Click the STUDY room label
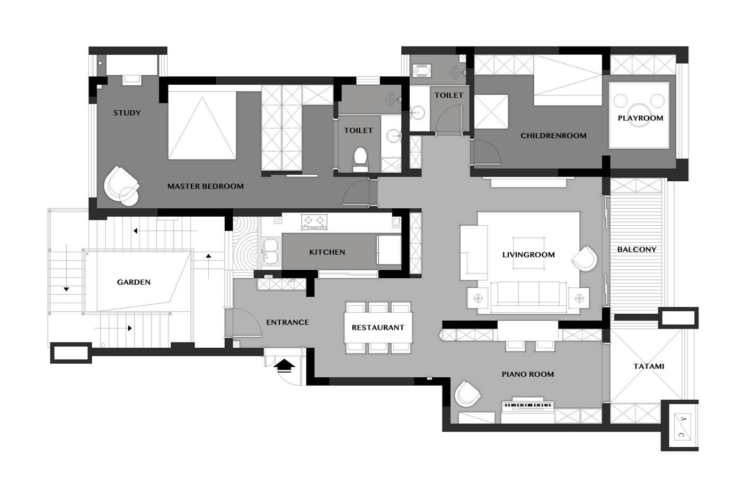point(127,113)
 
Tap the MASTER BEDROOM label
point(206,187)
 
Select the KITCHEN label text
point(327,252)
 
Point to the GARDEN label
point(134,282)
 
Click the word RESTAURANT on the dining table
point(378,328)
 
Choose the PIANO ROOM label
point(528,374)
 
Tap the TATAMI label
point(649,366)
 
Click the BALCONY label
point(637,250)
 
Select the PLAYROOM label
point(640,118)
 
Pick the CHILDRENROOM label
point(553,136)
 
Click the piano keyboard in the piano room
point(528,405)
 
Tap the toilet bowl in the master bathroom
point(360,160)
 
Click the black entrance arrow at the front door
point(285,366)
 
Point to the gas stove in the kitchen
point(314,222)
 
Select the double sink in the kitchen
point(271,252)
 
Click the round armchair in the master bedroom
point(121,186)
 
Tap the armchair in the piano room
point(467,394)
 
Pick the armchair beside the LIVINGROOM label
point(585,259)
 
